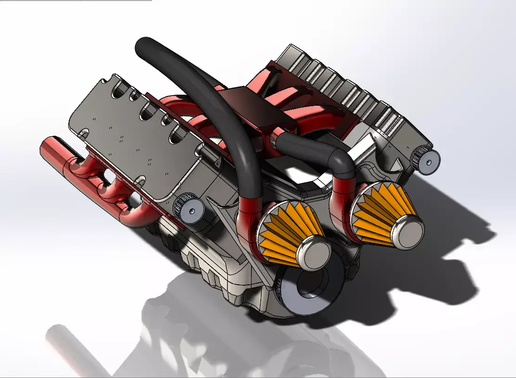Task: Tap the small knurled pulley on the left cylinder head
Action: point(187,209)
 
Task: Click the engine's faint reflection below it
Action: point(186,343)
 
